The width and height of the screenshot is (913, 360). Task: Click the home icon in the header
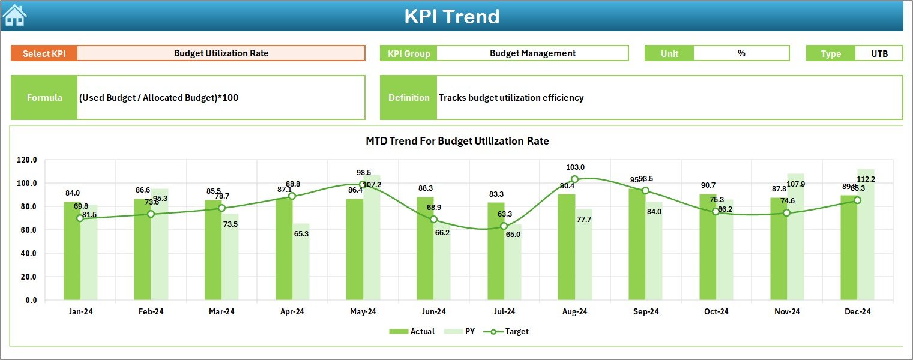point(15,16)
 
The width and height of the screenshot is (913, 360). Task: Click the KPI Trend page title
point(451,16)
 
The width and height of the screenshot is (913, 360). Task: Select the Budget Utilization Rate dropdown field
point(221,53)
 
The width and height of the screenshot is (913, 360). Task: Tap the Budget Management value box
point(532,53)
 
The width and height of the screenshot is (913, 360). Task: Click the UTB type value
point(879,53)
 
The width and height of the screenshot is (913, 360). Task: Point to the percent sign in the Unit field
point(741,53)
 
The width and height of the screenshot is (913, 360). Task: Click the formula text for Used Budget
point(158,98)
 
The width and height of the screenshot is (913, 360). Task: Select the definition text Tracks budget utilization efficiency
point(511,98)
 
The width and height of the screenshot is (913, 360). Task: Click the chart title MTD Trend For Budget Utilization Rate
point(457,141)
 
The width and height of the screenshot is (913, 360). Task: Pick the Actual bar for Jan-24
point(72,252)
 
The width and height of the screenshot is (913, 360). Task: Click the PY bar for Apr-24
point(301,264)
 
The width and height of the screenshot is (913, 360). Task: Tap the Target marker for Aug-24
point(574,179)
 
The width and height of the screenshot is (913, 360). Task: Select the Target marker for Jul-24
point(504,226)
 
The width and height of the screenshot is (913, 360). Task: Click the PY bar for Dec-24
point(866,240)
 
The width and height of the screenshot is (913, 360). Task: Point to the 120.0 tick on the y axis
point(27,160)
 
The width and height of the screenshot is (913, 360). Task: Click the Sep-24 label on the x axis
point(645,312)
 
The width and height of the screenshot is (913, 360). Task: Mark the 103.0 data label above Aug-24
point(574,167)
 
